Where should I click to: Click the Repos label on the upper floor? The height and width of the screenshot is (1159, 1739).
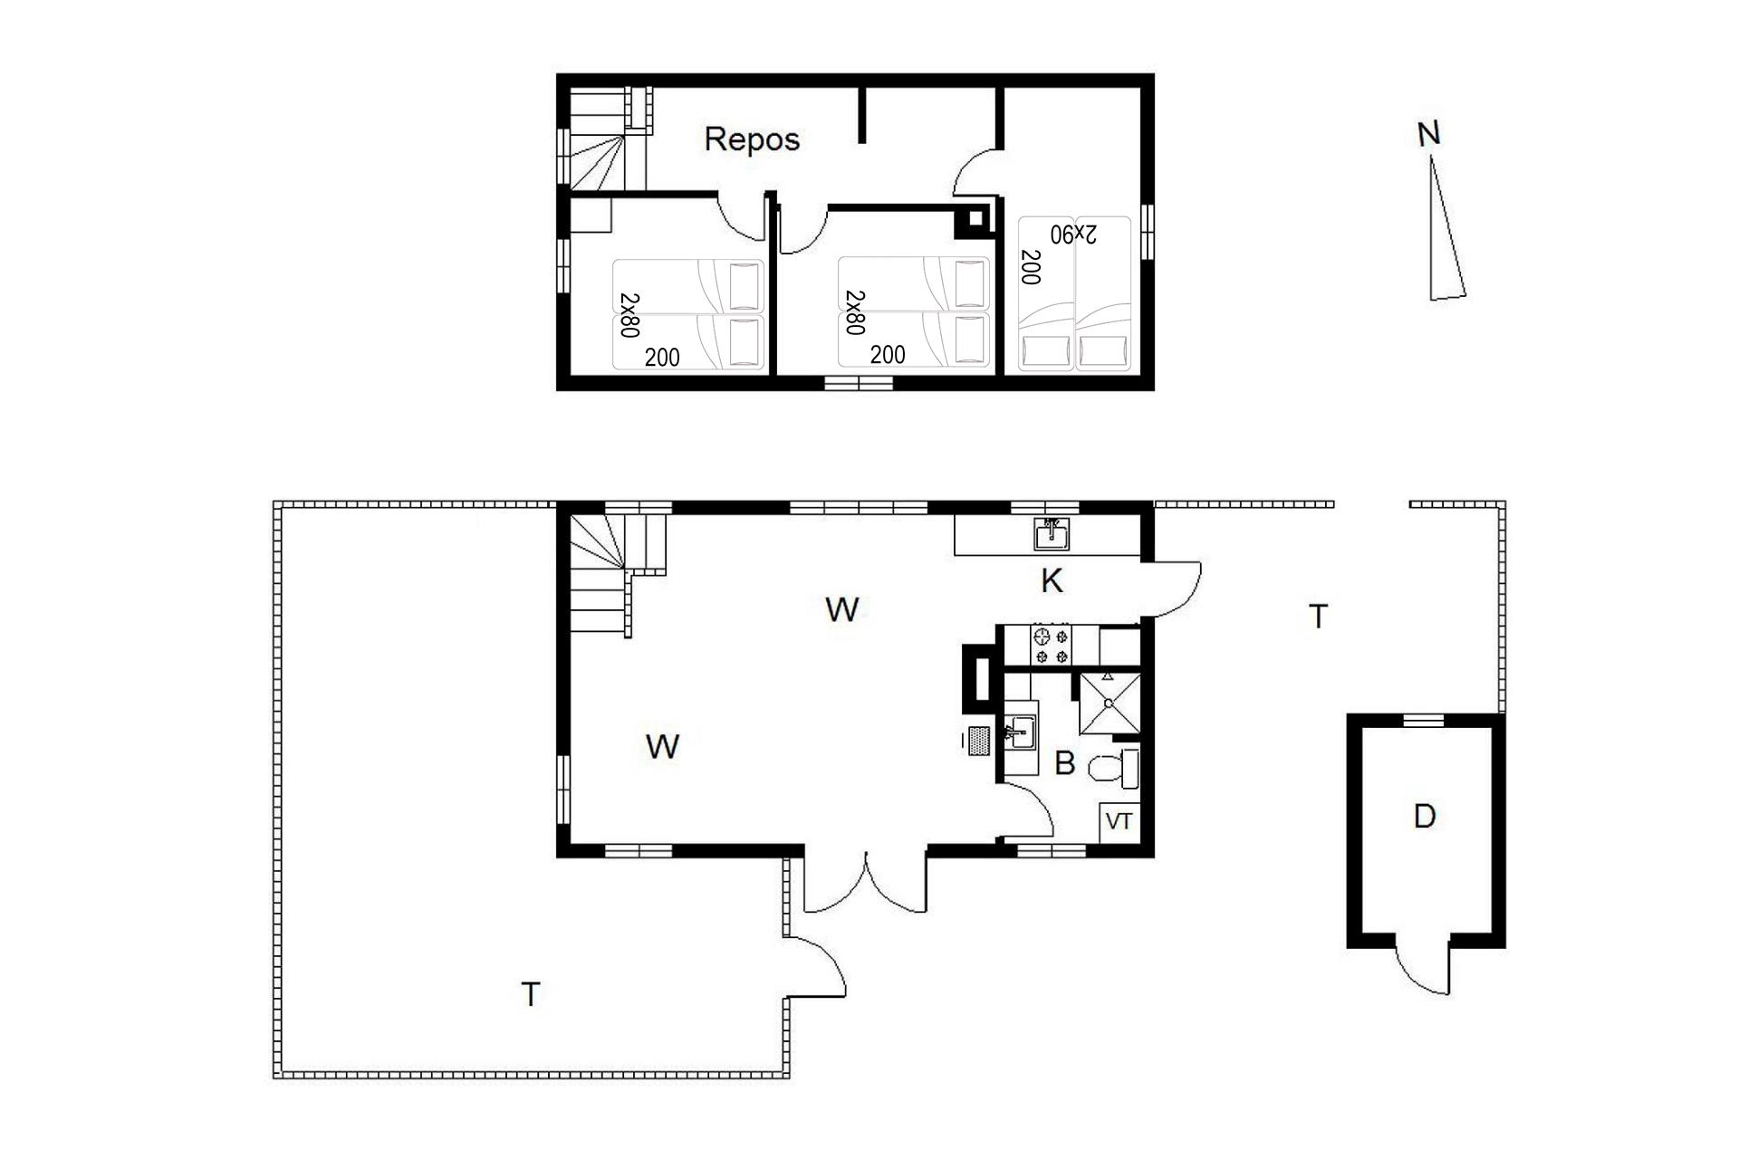752,139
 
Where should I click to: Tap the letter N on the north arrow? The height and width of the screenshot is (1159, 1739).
1428,134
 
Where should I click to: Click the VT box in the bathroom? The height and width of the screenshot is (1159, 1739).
1119,821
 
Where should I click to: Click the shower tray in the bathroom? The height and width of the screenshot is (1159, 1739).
1109,704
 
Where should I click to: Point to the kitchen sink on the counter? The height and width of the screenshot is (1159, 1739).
1052,534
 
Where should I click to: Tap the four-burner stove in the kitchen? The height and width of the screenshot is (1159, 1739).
1050,645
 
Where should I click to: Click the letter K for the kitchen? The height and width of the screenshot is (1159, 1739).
1051,581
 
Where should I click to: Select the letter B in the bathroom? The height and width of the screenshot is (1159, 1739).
1064,763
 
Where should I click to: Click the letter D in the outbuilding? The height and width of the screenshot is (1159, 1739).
1424,817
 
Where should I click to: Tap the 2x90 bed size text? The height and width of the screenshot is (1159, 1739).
1073,234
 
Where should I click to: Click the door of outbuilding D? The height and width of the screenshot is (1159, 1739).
1423,969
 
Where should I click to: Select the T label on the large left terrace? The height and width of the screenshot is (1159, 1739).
531,994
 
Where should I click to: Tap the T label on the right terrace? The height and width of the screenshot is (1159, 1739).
1319,617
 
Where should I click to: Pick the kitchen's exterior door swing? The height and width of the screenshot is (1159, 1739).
1174,589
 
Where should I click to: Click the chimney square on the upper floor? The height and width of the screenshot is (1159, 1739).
975,218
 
